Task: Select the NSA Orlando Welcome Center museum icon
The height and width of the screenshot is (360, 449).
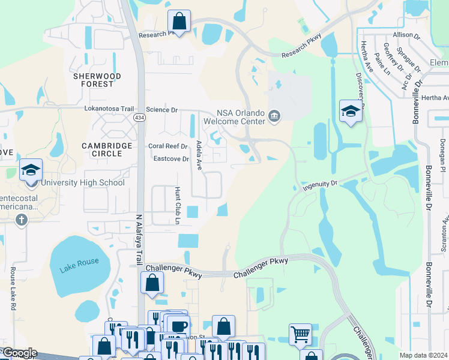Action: [274, 116]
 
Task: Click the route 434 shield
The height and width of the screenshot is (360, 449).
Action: [140, 118]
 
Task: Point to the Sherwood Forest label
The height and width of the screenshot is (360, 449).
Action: [97, 80]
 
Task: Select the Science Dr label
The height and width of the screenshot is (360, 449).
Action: [162, 110]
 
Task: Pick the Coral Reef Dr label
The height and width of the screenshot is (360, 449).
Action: [169, 146]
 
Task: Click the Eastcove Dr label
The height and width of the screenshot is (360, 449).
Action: [171, 159]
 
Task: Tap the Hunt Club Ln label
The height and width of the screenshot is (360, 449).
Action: [178, 205]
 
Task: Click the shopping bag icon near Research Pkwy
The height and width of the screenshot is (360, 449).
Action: [179, 22]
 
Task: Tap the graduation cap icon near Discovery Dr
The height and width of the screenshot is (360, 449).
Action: [351, 110]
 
